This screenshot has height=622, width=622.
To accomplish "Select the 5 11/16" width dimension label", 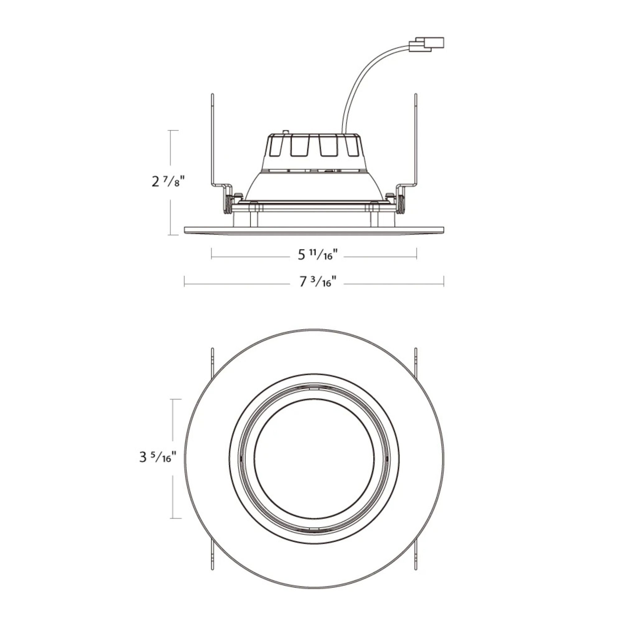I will (318, 255).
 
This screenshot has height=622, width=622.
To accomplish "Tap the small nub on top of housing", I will (285, 132).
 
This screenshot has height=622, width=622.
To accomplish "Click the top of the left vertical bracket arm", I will (212, 95).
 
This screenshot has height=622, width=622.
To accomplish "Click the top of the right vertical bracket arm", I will (415, 95).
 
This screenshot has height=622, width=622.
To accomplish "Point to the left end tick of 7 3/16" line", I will (184, 281).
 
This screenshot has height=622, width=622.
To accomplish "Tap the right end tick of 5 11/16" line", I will (417, 253).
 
